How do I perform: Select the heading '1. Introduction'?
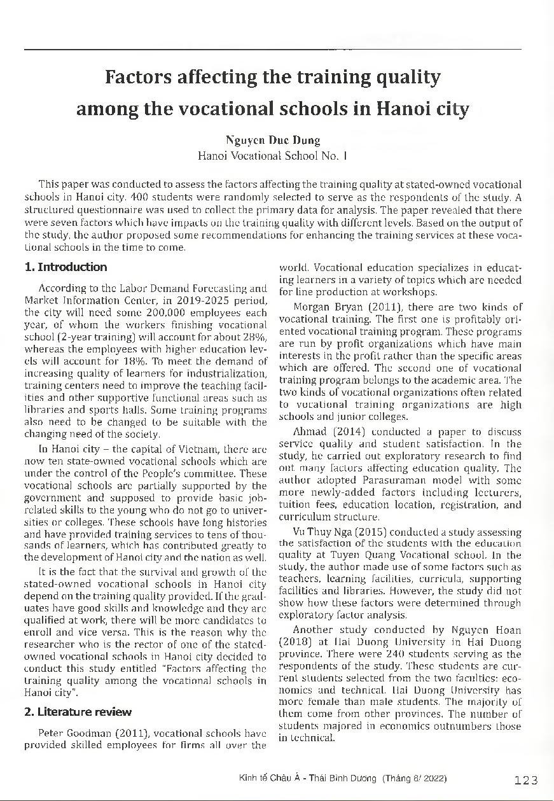65,267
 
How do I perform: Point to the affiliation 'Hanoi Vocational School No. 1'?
272,155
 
